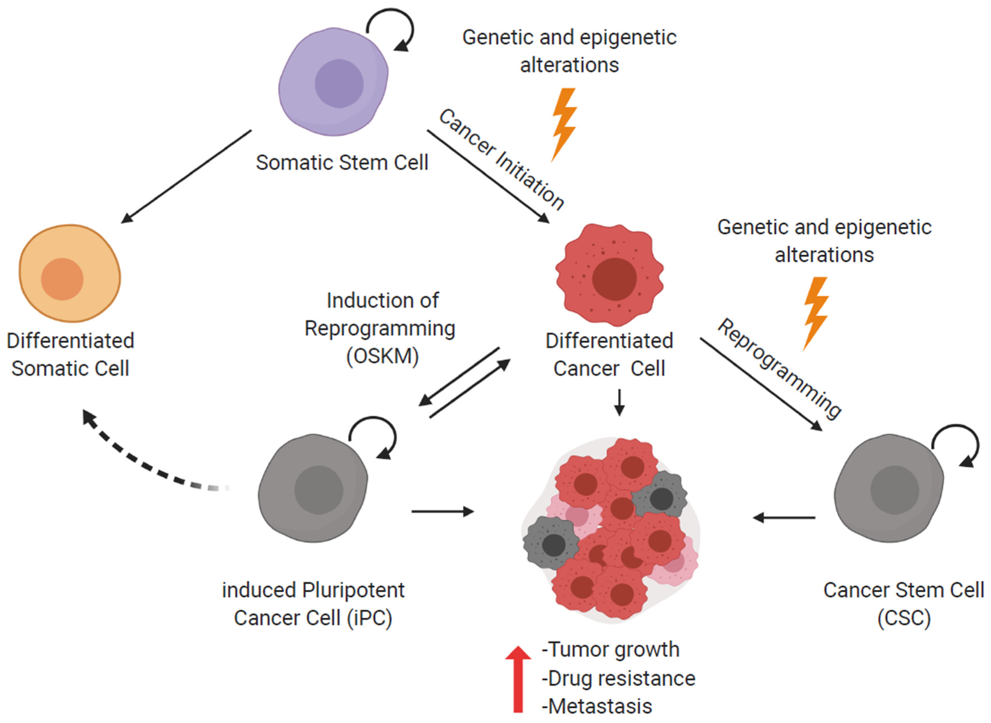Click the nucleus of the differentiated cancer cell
tap(614, 279)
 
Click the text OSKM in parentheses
tap(382, 356)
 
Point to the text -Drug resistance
tap(618, 678)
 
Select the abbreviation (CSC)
tap(904, 618)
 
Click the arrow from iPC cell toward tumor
tap(442, 511)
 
